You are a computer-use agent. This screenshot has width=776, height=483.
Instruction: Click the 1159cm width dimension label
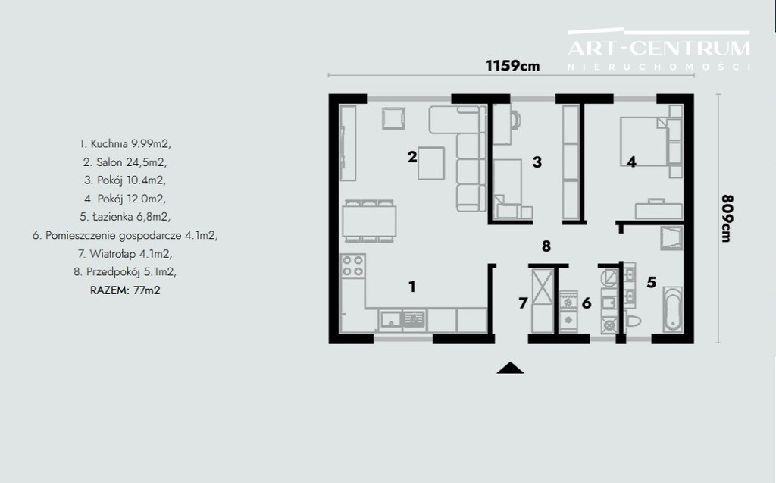(x=512, y=65)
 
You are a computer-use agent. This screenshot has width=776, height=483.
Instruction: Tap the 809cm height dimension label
(x=727, y=218)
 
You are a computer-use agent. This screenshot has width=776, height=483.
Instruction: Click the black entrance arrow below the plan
(x=510, y=368)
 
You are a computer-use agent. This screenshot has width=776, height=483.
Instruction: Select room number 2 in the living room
(x=412, y=157)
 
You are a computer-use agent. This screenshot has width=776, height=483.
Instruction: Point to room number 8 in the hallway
(x=546, y=246)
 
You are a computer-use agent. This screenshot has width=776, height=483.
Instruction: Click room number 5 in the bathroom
(x=651, y=282)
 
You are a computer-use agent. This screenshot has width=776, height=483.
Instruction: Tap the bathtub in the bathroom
(x=673, y=309)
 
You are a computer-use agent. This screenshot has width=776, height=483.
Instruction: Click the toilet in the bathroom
(x=633, y=321)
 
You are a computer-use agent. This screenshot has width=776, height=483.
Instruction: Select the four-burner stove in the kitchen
(x=353, y=265)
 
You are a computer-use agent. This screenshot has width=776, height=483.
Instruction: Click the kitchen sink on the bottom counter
(x=390, y=320)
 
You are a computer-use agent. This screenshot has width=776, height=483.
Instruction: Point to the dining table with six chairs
(x=369, y=221)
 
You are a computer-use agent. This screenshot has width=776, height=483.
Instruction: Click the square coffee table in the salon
(x=431, y=163)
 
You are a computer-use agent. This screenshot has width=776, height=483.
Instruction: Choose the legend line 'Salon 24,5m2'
(x=125, y=162)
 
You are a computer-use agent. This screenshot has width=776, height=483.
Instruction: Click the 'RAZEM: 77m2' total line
(x=125, y=290)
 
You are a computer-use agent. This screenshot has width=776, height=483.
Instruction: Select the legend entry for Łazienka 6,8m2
(x=125, y=217)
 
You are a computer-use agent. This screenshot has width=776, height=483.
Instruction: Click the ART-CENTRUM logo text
(x=659, y=48)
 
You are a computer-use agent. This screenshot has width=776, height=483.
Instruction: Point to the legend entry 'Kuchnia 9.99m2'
(x=125, y=143)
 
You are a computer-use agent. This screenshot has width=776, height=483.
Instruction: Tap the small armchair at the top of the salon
(x=393, y=118)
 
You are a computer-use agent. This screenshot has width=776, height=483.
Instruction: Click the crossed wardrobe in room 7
(x=542, y=287)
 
